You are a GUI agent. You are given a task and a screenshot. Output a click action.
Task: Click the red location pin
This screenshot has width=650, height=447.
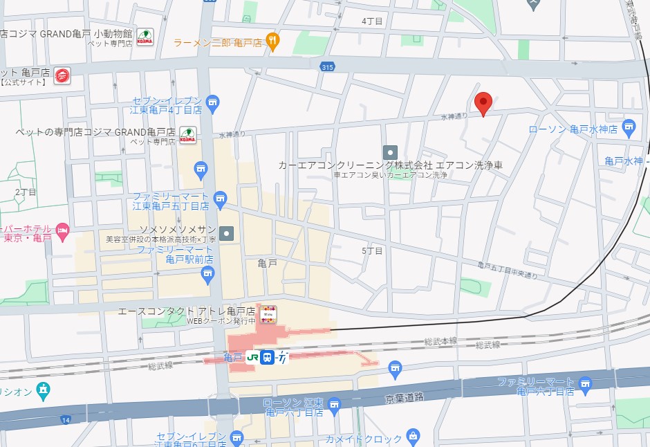coord(483,102)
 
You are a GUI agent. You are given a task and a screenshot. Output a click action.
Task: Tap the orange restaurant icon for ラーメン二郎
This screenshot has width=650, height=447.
coord(273,42)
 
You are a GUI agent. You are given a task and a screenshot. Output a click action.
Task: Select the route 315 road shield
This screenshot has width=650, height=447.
coord(328,66)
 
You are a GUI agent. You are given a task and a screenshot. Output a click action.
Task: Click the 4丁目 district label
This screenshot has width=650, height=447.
coord(372,21)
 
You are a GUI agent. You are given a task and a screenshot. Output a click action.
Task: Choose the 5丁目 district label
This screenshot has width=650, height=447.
coord(372,250)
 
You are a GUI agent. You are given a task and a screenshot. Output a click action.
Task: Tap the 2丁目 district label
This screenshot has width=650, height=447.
coord(26,192)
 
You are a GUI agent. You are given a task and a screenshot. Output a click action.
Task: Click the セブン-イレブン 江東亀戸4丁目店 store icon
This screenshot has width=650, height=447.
coord(212,102)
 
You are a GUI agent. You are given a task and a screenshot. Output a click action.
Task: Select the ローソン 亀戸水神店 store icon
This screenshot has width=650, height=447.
coord(628,127)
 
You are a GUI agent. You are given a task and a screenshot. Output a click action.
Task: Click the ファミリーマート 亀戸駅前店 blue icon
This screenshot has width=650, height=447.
coord(207,275)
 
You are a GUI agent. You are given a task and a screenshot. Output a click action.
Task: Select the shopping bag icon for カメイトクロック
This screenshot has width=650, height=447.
coord(413,436)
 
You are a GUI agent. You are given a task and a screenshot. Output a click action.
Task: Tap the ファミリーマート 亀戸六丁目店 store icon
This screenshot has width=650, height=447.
coord(586,383)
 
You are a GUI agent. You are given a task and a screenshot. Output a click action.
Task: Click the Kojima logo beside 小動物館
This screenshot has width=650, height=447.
coord(145,35)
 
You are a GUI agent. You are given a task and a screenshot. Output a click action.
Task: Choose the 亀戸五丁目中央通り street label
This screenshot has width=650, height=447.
coord(508,271)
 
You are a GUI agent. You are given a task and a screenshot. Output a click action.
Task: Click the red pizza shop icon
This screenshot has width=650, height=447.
coord(62,75)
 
